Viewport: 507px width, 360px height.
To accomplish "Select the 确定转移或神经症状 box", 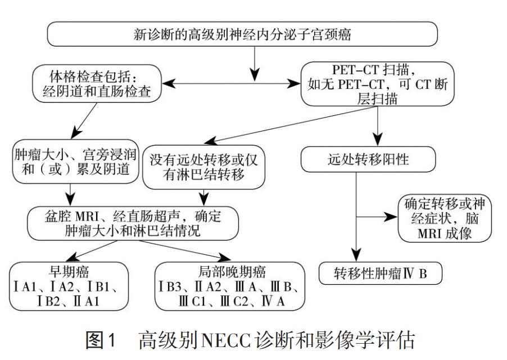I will coord(439,218).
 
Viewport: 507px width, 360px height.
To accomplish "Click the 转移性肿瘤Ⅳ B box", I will coord(381,274).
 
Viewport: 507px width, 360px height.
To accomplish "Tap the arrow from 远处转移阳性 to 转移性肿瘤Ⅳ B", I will coord(357,236).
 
